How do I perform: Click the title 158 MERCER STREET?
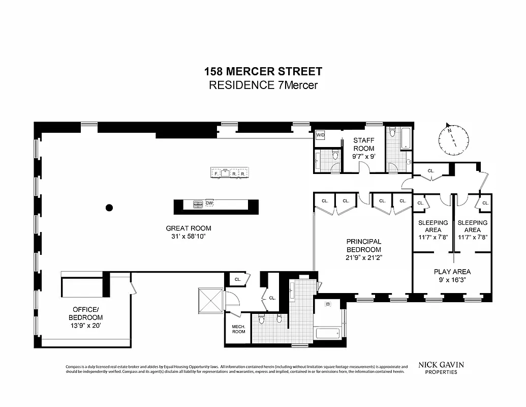point(263,72)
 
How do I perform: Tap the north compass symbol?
point(453,138)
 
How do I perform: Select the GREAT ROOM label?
point(188,228)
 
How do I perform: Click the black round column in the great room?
point(109,207)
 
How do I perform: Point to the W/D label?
point(320,136)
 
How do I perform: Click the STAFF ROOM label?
point(364,144)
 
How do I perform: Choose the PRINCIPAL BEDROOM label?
point(364,245)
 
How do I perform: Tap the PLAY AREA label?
point(452,271)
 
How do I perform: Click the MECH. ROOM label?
point(238,329)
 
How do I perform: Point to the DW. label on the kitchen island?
point(209,203)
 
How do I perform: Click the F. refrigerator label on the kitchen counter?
point(216,174)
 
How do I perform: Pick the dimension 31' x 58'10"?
point(188,236)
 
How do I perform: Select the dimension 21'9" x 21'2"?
point(364,257)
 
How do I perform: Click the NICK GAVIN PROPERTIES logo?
point(441,367)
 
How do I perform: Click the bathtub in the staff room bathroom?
point(406,138)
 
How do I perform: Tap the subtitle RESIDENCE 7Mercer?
point(263,85)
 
